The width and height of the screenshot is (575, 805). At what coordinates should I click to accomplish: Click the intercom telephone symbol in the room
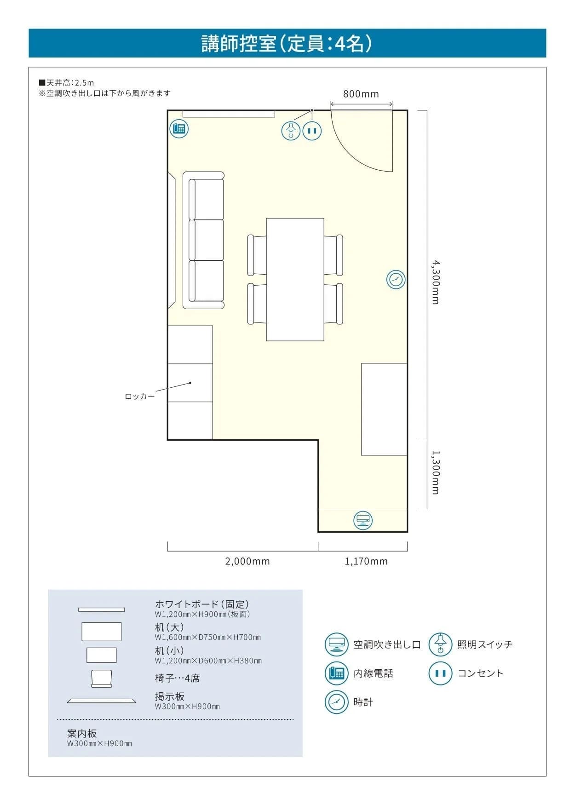179,128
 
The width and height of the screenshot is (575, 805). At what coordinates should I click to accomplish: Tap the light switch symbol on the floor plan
291,131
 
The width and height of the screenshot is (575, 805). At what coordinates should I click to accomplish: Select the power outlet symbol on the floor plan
312,131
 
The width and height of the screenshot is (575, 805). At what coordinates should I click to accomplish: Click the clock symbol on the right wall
396,279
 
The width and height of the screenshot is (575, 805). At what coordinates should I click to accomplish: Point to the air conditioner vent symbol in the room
363,520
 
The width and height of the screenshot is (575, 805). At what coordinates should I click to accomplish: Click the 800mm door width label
361,94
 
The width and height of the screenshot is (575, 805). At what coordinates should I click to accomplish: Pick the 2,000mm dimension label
247,561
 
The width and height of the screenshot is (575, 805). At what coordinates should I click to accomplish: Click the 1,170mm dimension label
366,561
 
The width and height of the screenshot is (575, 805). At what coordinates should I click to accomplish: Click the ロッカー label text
140,396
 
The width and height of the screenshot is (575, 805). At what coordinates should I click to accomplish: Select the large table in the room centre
295,279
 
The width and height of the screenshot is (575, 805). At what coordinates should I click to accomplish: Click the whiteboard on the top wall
229,114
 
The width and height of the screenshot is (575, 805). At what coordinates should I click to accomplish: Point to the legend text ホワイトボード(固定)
202,604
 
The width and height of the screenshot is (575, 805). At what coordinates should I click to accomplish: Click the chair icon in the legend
102,678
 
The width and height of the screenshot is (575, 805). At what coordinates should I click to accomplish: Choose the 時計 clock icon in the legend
336,702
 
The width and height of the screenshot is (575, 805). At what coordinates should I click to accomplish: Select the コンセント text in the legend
480,673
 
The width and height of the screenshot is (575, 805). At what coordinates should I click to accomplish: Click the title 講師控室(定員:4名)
287,44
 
